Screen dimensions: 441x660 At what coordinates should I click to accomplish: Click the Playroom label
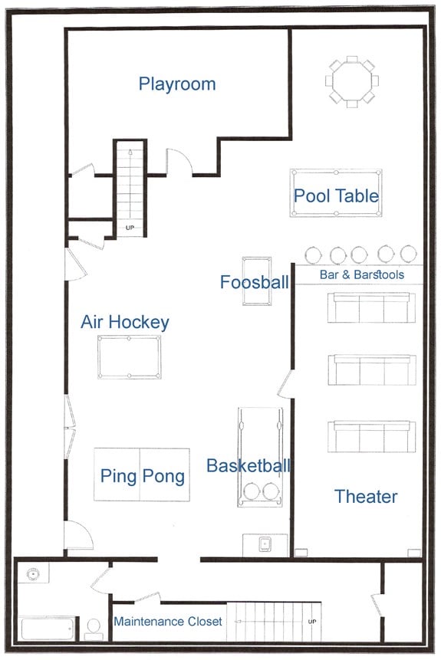tap(177, 84)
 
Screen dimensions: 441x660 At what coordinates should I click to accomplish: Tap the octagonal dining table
tap(352, 81)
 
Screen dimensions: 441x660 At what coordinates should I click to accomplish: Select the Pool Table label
tap(336, 195)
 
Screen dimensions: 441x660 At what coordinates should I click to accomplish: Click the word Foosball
tap(255, 282)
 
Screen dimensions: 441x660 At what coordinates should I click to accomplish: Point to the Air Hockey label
tap(125, 322)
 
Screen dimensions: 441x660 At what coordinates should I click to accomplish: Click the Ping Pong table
tap(142, 474)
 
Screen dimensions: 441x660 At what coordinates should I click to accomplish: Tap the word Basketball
tap(248, 465)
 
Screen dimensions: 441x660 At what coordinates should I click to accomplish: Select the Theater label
tap(366, 497)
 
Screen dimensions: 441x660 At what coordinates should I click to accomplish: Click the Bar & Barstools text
tap(362, 275)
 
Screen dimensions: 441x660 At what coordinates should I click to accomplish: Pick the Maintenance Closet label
tap(168, 621)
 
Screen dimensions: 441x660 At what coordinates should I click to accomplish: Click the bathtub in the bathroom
tap(48, 629)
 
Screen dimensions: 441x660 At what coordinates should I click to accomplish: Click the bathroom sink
tap(33, 573)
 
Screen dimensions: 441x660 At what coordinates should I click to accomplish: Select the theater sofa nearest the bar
tap(371, 307)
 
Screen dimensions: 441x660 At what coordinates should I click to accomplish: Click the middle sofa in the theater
tap(372, 370)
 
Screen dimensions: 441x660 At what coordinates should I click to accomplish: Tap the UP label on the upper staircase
tap(130, 228)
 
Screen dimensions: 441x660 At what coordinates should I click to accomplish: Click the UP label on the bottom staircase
tap(312, 621)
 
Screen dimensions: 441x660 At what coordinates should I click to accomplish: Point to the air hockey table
tap(130, 357)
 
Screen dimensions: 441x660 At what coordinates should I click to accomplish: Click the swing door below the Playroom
tap(180, 161)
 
